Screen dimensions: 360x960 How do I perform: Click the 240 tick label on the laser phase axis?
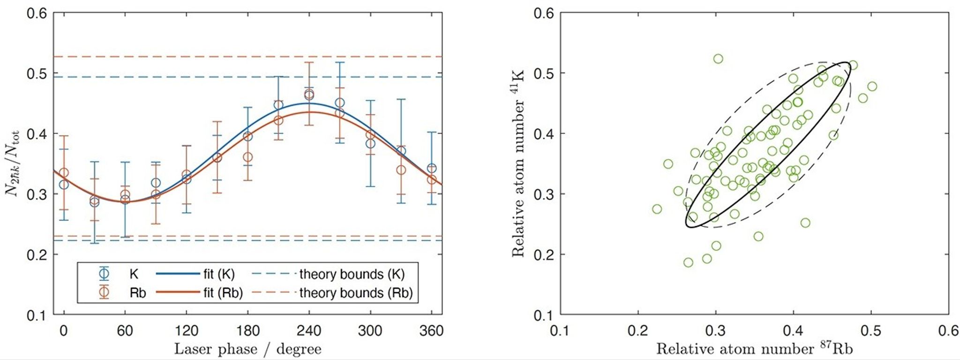[x=309, y=331]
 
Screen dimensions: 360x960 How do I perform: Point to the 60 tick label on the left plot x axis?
[x=125, y=331]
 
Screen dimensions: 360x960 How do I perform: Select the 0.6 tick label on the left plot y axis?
[x=37, y=13]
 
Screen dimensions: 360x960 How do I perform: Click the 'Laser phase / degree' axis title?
[x=247, y=349]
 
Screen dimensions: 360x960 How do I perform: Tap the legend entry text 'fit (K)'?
[x=219, y=274]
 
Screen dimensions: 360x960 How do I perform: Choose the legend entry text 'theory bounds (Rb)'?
[x=356, y=293]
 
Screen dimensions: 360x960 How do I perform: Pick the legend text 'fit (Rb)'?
[x=223, y=293]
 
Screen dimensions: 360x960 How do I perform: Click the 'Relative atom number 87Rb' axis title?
[x=754, y=349]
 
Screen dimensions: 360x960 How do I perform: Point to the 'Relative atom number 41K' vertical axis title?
[x=517, y=163]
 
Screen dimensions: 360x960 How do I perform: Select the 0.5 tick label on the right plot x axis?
[x=871, y=331]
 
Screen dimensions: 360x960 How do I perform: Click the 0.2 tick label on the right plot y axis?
[x=544, y=255]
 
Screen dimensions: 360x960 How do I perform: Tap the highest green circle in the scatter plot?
[x=718, y=59]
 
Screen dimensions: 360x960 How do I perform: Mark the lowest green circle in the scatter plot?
[x=688, y=262]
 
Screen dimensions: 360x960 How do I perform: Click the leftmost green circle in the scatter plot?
[x=657, y=209]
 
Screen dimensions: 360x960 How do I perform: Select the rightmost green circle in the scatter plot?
[x=872, y=86]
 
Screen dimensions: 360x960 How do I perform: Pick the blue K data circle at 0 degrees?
[x=64, y=185]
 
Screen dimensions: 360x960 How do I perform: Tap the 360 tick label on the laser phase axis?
[x=431, y=331]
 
